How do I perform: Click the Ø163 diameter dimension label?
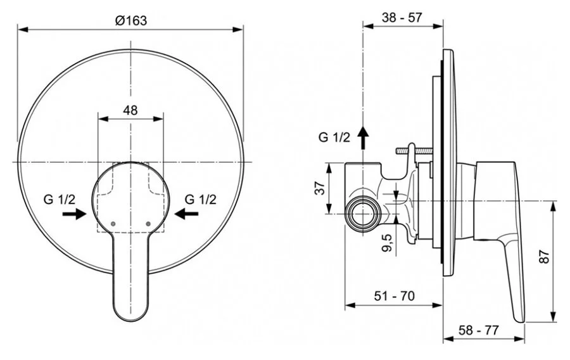point(130,20)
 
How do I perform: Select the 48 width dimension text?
point(130,110)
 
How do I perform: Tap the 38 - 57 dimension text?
point(402,18)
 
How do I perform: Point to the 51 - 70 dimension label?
point(394,296)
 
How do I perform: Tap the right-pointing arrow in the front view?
point(74,214)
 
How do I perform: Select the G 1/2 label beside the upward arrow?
point(334,137)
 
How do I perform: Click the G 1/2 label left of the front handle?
point(60,199)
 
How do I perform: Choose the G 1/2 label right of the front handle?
point(201,199)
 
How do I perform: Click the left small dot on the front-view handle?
point(113,224)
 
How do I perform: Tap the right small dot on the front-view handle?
point(148,224)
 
